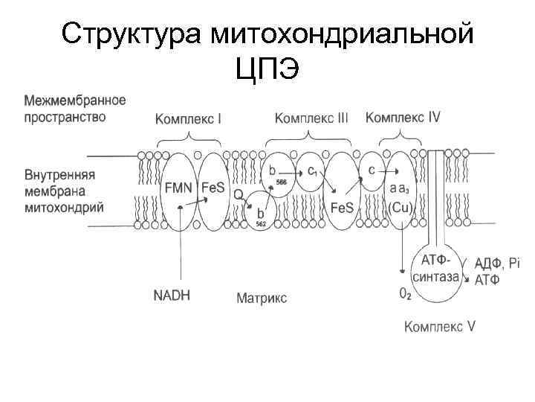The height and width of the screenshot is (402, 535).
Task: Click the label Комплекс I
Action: [189, 119]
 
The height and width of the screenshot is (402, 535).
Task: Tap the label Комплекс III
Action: [311, 118]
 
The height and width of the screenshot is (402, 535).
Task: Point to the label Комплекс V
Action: [440, 325]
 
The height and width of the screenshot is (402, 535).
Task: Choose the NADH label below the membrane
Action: [172, 295]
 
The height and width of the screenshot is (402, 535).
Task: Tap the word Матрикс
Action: [262, 299]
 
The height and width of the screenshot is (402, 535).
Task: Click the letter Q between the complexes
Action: [239, 194]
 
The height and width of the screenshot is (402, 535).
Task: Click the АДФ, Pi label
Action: [498, 264]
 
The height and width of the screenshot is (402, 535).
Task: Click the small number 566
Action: [282, 182]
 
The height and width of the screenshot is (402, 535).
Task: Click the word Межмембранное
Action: [75, 100]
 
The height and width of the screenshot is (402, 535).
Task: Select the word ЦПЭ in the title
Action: [267, 70]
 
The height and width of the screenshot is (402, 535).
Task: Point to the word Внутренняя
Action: [60, 176]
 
